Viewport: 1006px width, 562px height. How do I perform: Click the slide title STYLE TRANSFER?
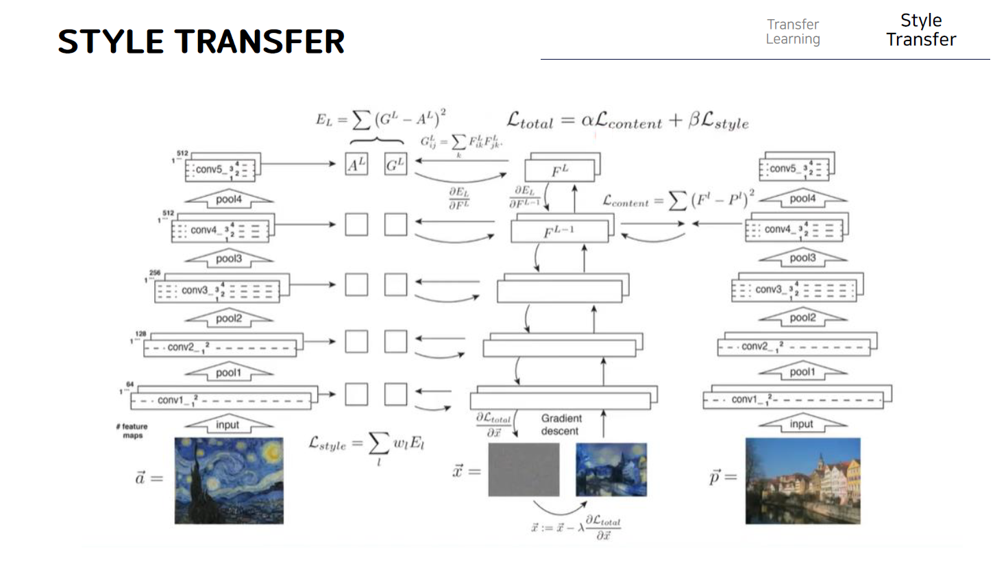tap(201, 42)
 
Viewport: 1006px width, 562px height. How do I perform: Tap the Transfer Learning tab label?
tap(793, 32)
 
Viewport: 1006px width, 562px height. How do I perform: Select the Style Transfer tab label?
tap(920, 30)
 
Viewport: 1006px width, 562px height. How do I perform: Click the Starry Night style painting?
tap(229, 480)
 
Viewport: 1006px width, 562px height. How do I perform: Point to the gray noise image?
tap(524, 469)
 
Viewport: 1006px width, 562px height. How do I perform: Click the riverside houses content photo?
tap(802, 480)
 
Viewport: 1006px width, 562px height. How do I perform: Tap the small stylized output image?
tap(611, 469)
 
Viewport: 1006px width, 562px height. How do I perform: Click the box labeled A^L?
tap(356, 164)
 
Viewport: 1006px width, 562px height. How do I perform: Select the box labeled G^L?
tap(395, 164)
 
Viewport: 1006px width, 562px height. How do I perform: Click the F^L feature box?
tap(560, 171)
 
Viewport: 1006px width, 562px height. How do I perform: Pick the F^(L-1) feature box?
tap(559, 232)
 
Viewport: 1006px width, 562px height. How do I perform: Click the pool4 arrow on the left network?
tap(229, 199)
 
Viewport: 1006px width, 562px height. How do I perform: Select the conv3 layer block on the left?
tap(218, 291)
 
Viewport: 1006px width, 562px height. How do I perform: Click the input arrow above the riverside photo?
tap(802, 424)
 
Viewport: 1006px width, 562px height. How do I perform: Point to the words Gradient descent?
tap(561, 424)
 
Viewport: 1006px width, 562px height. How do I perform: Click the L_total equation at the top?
tap(627, 121)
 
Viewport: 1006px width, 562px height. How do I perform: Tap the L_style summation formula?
tap(367, 445)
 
